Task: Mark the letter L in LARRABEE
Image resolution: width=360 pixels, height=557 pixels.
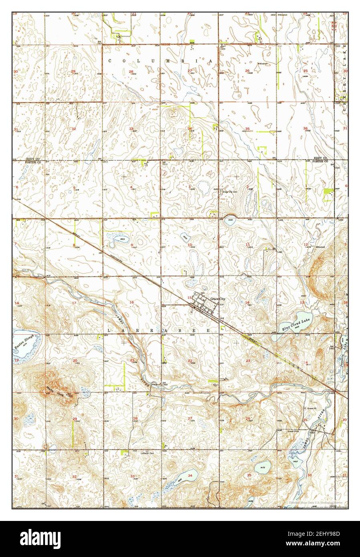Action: [x=109, y=329]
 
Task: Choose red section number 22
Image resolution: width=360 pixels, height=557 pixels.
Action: [x=190, y=361]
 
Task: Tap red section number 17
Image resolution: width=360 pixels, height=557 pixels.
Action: [x=74, y=303]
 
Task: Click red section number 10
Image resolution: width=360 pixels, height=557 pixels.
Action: [x=190, y=245]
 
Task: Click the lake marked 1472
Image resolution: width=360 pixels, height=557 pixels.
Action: [x=263, y=467]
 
